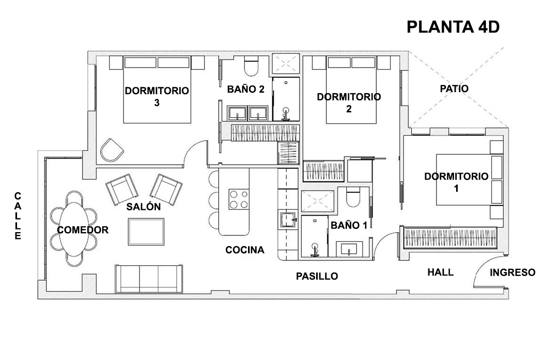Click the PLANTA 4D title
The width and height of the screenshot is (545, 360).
click(x=453, y=27)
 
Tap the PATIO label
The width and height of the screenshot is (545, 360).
click(x=454, y=89)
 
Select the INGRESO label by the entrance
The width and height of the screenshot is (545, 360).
click(x=513, y=272)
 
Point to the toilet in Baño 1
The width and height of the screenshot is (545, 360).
click(x=353, y=197)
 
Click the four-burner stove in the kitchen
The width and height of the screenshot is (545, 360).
click(x=239, y=199)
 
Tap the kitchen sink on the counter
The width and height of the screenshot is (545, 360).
click(x=288, y=219)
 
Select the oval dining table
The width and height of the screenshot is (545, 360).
click(x=73, y=229)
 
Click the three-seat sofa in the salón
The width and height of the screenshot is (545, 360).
click(x=149, y=279)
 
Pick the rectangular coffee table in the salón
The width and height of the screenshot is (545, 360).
click(x=146, y=232)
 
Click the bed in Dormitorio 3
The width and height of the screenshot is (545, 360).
click(x=157, y=90)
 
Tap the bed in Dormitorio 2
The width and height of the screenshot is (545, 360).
click(x=351, y=90)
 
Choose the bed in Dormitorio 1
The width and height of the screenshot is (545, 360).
click(x=469, y=179)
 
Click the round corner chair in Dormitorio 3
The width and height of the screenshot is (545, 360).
click(x=112, y=150)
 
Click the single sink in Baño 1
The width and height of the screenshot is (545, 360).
click(x=349, y=249)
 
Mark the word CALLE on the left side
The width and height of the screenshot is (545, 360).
click(x=18, y=216)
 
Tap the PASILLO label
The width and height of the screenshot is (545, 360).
click(x=317, y=276)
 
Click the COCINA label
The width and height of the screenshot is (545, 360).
click(x=245, y=250)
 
